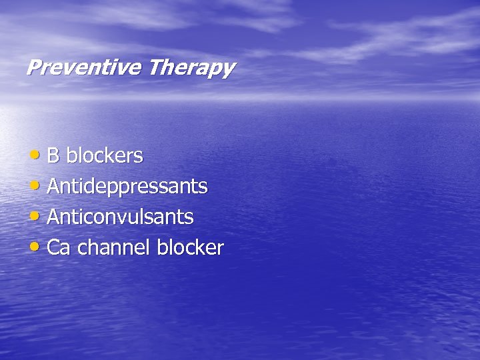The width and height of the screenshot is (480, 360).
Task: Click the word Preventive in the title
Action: pyautogui.click(x=85, y=67)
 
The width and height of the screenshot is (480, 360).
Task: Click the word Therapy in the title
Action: pyautogui.click(x=191, y=68)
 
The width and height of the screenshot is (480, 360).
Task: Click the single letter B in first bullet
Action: pyautogui.click(x=53, y=156)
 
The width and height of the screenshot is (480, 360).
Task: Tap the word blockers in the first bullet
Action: pyautogui.click(x=105, y=156)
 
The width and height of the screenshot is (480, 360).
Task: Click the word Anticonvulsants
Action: pyautogui.click(x=121, y=217)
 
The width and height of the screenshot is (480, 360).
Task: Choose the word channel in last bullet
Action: pyautogui.click(x=114, y=248)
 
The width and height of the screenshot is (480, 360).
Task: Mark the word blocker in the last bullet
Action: pyautogui.click(x=190, y=248)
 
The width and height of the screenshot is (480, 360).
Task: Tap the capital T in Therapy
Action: pyautogui.click(x=155, y=67)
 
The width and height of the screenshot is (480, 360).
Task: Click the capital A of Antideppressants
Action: pyautogui.click(x=53, y=187)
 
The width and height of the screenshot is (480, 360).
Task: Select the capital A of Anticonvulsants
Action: pyautogui.click(x=53, y=217)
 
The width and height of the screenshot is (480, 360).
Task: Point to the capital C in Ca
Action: pyautogui.click(x=54, y=248)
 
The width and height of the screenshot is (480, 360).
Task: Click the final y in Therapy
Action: pyautogui.click(x=228, y=70)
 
